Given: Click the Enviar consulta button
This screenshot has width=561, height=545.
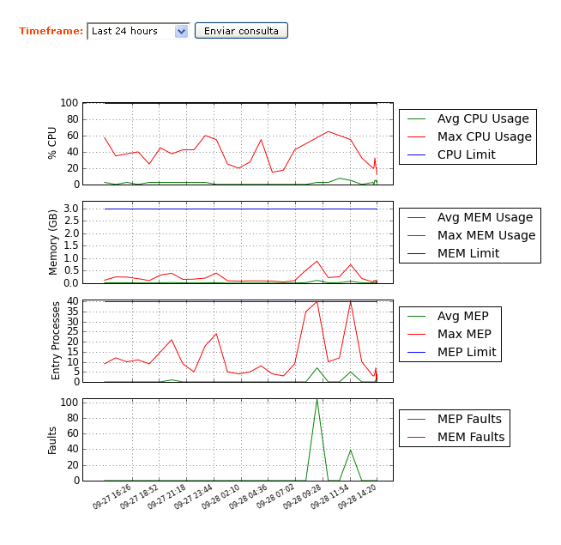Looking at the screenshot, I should [x=241, y=31].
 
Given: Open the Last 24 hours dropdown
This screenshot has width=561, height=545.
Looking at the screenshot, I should [x=138, y=31].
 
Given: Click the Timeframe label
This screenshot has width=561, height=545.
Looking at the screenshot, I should [x=51, y=31].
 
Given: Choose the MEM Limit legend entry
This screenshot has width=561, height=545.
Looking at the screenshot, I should [x=467, y=253].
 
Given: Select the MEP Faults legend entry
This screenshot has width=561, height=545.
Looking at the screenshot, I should [x=469, y=419].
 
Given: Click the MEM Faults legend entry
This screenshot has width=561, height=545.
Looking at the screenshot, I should [x=471, y=437].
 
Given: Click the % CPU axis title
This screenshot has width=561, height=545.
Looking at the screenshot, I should [x=52, y=142].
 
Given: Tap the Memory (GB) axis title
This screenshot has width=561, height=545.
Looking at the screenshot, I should [x=52, y=243].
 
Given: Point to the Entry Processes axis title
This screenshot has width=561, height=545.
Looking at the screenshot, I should [x=57, y=340].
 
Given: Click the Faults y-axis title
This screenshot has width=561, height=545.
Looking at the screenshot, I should [x=52, y=439].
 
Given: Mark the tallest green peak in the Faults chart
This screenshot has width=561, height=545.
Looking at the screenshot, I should [x=317, y=399].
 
